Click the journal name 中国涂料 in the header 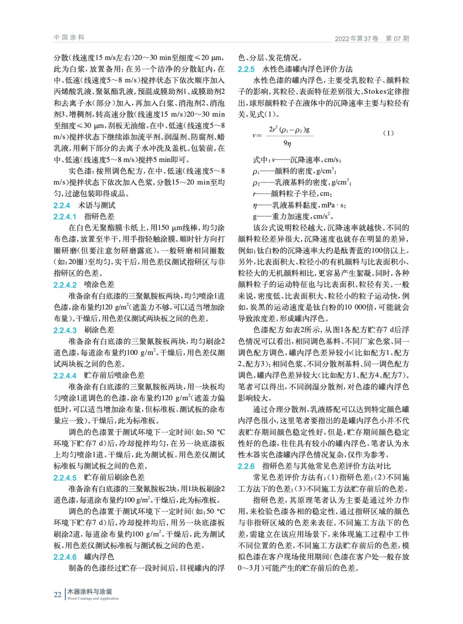coord(69,37)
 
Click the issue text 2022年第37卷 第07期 coord(372,38)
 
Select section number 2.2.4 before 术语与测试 coord(62,206)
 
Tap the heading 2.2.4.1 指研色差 coord(84,217)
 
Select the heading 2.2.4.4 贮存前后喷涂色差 coord(99,376)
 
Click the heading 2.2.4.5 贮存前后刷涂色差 coord(99,478)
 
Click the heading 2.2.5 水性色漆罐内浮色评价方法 coord(295,69)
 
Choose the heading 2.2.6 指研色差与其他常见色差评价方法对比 coord(314,466)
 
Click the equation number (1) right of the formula coord(388,133)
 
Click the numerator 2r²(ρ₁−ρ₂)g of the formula coord(289,129)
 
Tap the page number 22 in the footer coord(57,595)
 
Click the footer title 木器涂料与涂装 coord(90,592)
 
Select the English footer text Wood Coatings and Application coord(93,599)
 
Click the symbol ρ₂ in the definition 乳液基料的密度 coord(256,183)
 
